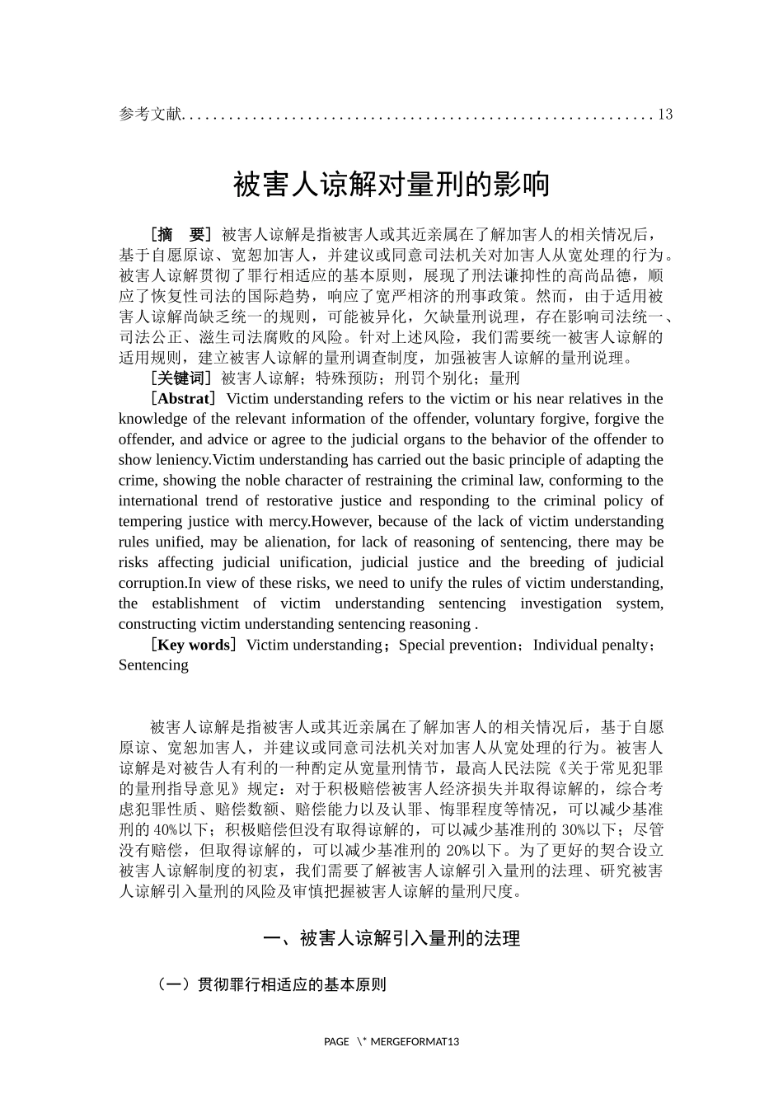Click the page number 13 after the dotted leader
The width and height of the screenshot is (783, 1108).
(x=665, y=114)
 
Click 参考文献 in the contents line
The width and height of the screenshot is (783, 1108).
(x=149, y=114)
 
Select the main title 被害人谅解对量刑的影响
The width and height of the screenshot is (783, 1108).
(x=391, y=184)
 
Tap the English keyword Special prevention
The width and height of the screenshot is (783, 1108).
(x=457, y=645)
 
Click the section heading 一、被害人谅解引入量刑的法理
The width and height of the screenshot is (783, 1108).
(x=391, y=938)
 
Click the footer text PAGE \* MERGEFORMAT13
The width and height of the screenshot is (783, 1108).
(x=391, y=1041)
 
